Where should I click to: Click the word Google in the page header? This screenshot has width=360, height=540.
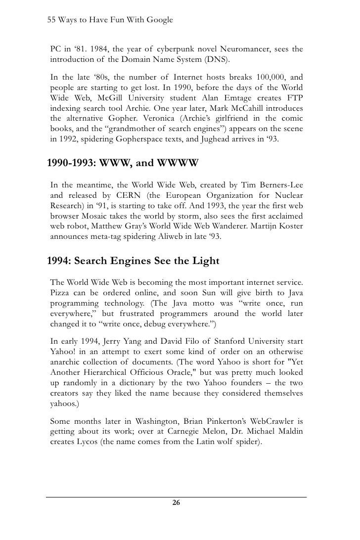click(158, 20)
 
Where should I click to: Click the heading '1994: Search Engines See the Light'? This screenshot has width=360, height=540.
click(133, 261)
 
